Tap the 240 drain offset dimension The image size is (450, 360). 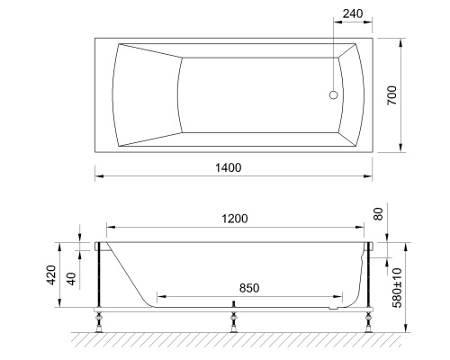(355, 13)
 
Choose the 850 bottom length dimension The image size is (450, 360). (249, 287)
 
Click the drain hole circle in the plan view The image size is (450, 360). (335, 94)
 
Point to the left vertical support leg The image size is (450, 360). (97, 279)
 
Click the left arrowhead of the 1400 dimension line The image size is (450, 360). (98, 175)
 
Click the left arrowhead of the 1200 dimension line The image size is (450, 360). (109, 227)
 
